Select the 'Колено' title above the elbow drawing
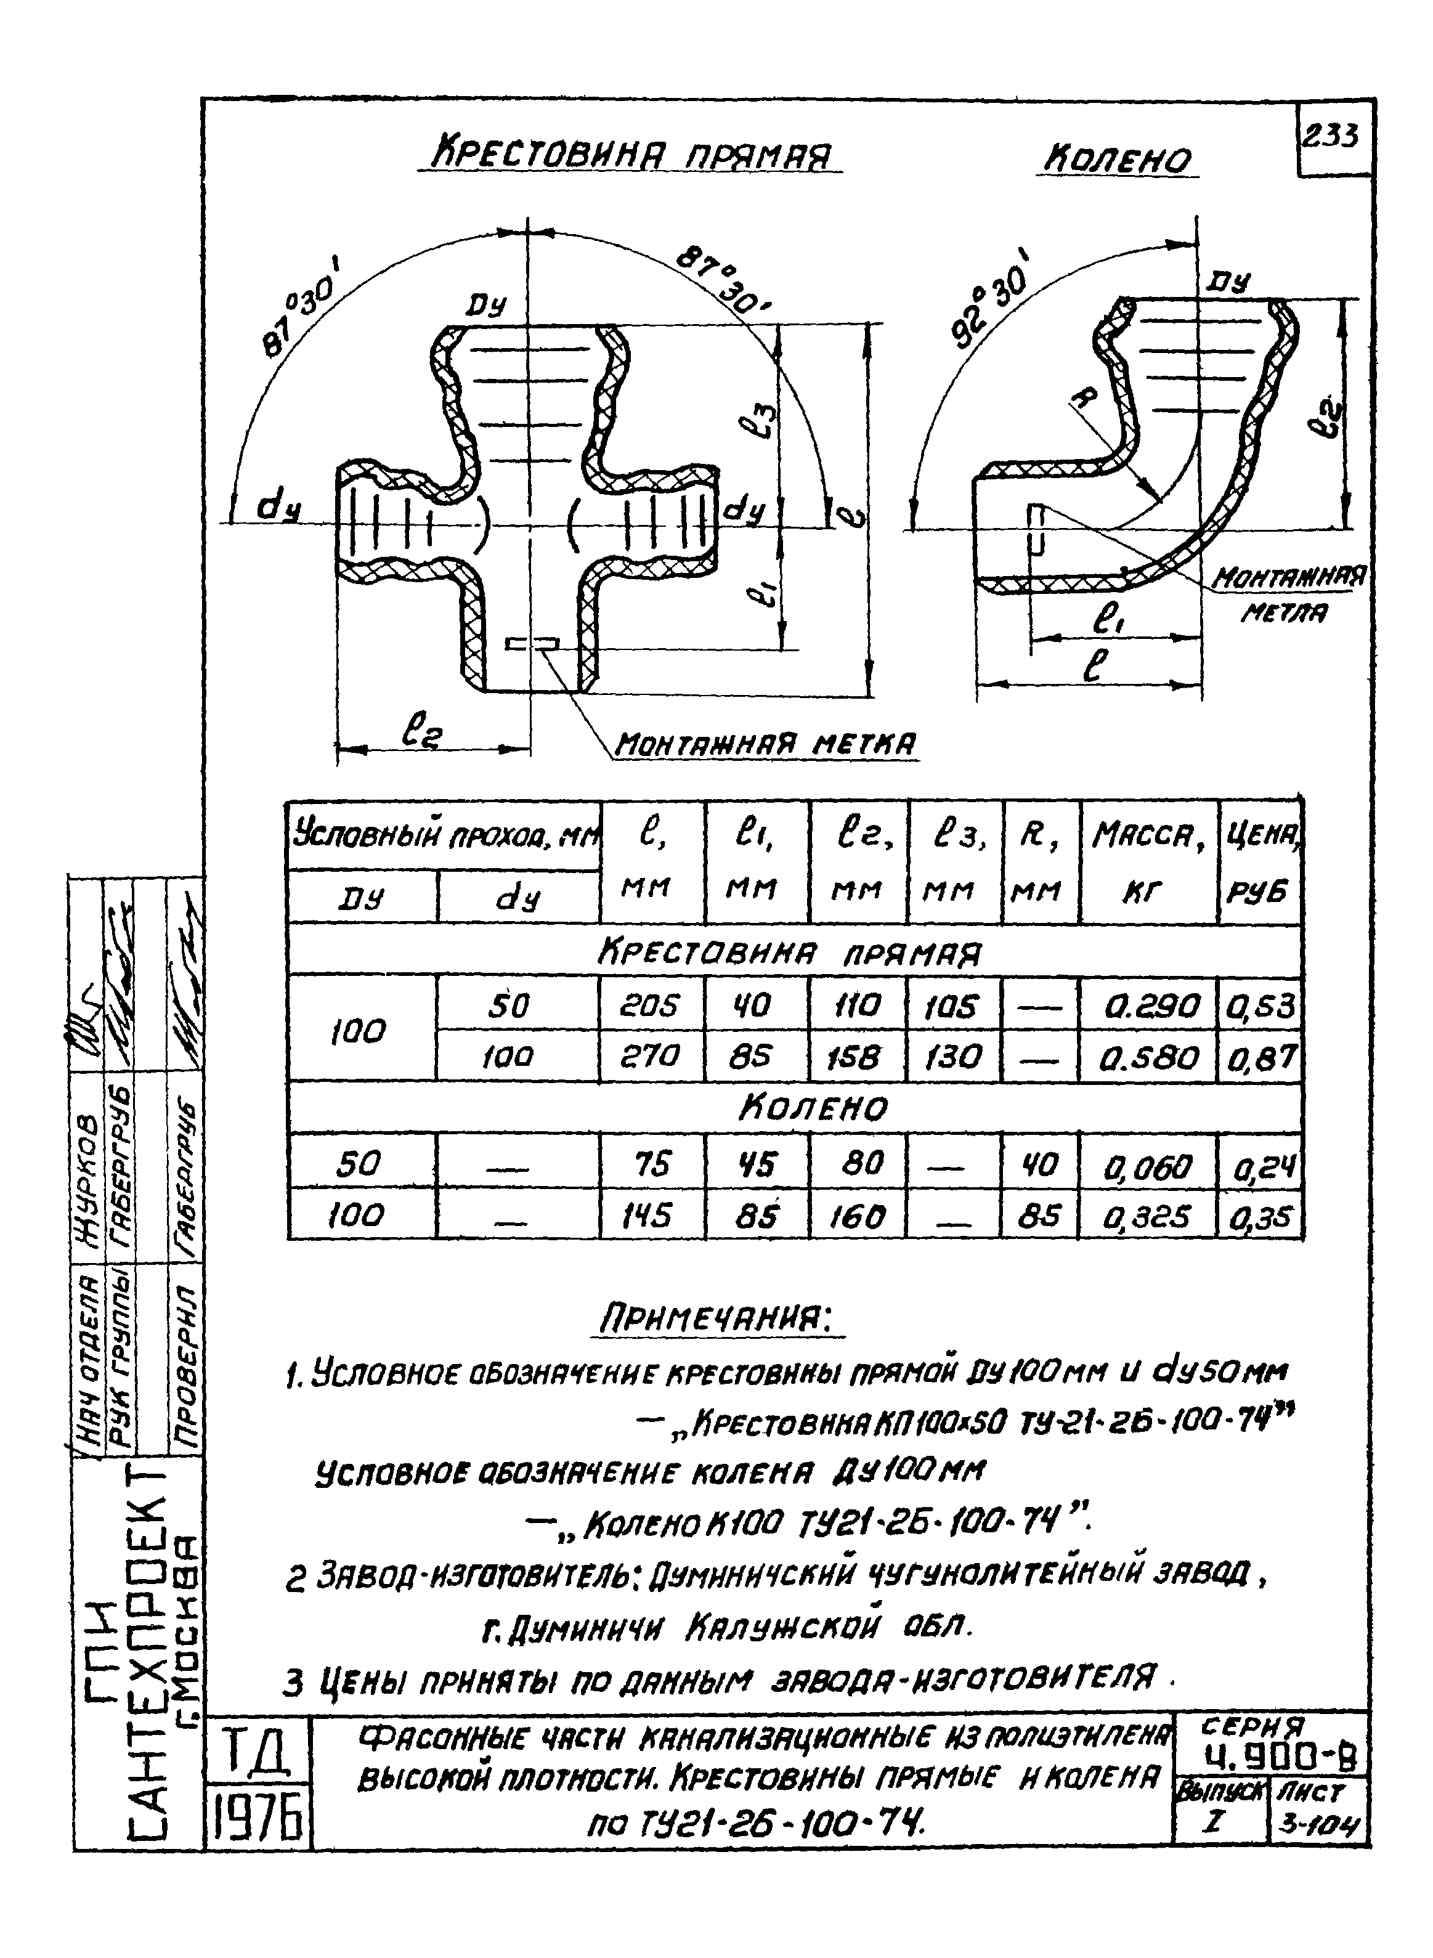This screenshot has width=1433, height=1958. pos(1118,160)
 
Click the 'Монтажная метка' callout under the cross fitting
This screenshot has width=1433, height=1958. pos(765,742)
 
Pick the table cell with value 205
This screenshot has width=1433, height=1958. pos(651,1005)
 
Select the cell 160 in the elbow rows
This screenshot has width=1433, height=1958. pos(857,1217)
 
